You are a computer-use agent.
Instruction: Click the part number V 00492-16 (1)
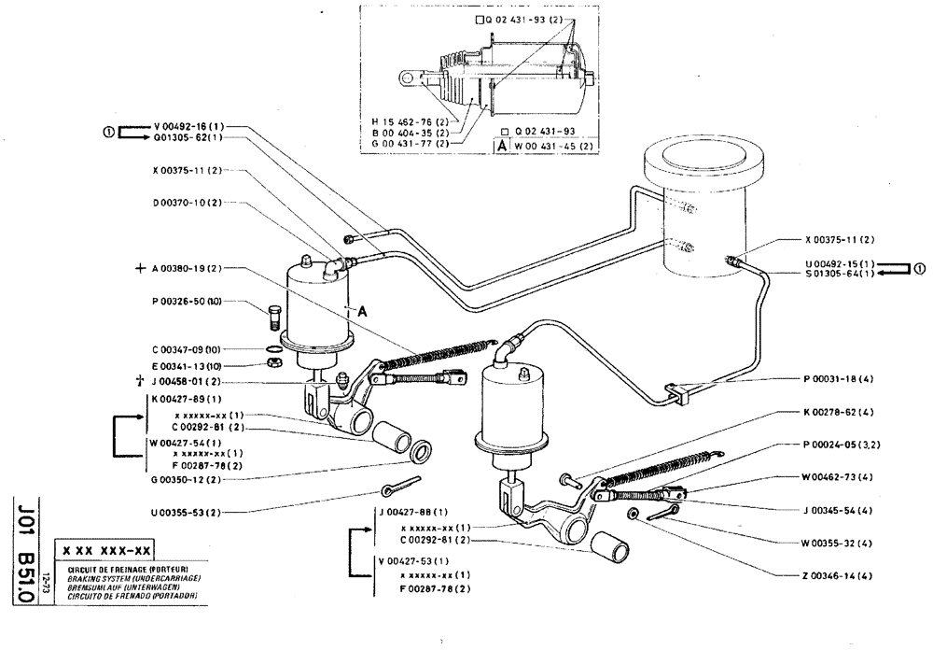coord(186,124)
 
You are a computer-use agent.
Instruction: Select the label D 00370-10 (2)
coord(186,202)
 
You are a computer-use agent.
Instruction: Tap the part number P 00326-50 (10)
coord(186,303)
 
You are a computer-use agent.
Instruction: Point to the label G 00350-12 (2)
coord(186,479)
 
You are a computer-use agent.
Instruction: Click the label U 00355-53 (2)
coord(186,512)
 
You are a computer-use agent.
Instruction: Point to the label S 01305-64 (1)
coord(839,274)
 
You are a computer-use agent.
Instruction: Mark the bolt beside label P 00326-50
coord(273,315)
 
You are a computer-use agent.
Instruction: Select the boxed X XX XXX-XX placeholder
coord(109,551)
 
